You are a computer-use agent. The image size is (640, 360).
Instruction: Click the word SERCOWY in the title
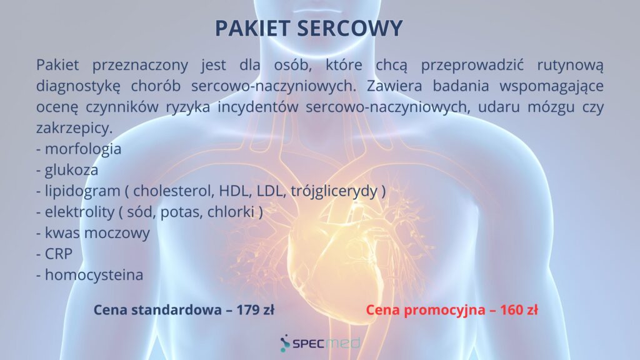click(x=349, y=28)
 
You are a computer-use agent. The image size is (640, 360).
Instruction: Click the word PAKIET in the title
click(x=252, y=28)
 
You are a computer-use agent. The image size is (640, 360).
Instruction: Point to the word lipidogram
click(x=82, y=191)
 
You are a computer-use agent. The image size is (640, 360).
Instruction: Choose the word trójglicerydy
click(x=334, y=191)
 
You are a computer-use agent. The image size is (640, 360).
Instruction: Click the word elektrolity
click(x=80, y=212)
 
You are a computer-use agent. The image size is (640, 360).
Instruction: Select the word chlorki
click(x=231, y=212)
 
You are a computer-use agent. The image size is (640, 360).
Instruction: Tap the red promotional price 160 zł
click(x=519, y=310)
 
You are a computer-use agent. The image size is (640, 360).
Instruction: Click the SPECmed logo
click(x=320, y=343)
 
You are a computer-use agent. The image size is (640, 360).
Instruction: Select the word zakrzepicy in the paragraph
click(x=74, y=128)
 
